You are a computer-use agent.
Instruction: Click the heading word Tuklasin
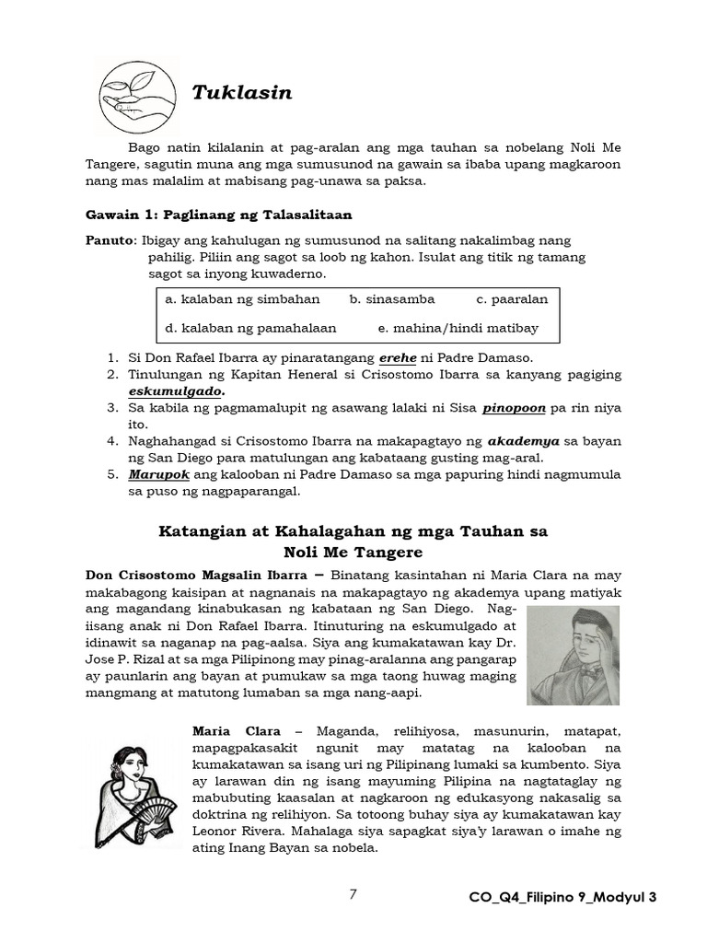click(241, 92)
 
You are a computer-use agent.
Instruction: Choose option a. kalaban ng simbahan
click(242, 299)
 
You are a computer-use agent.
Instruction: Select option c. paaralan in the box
click(512, 299)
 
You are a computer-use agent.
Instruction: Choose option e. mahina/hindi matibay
click(458, 327)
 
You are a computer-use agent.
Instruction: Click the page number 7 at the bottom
click(353, 894)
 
